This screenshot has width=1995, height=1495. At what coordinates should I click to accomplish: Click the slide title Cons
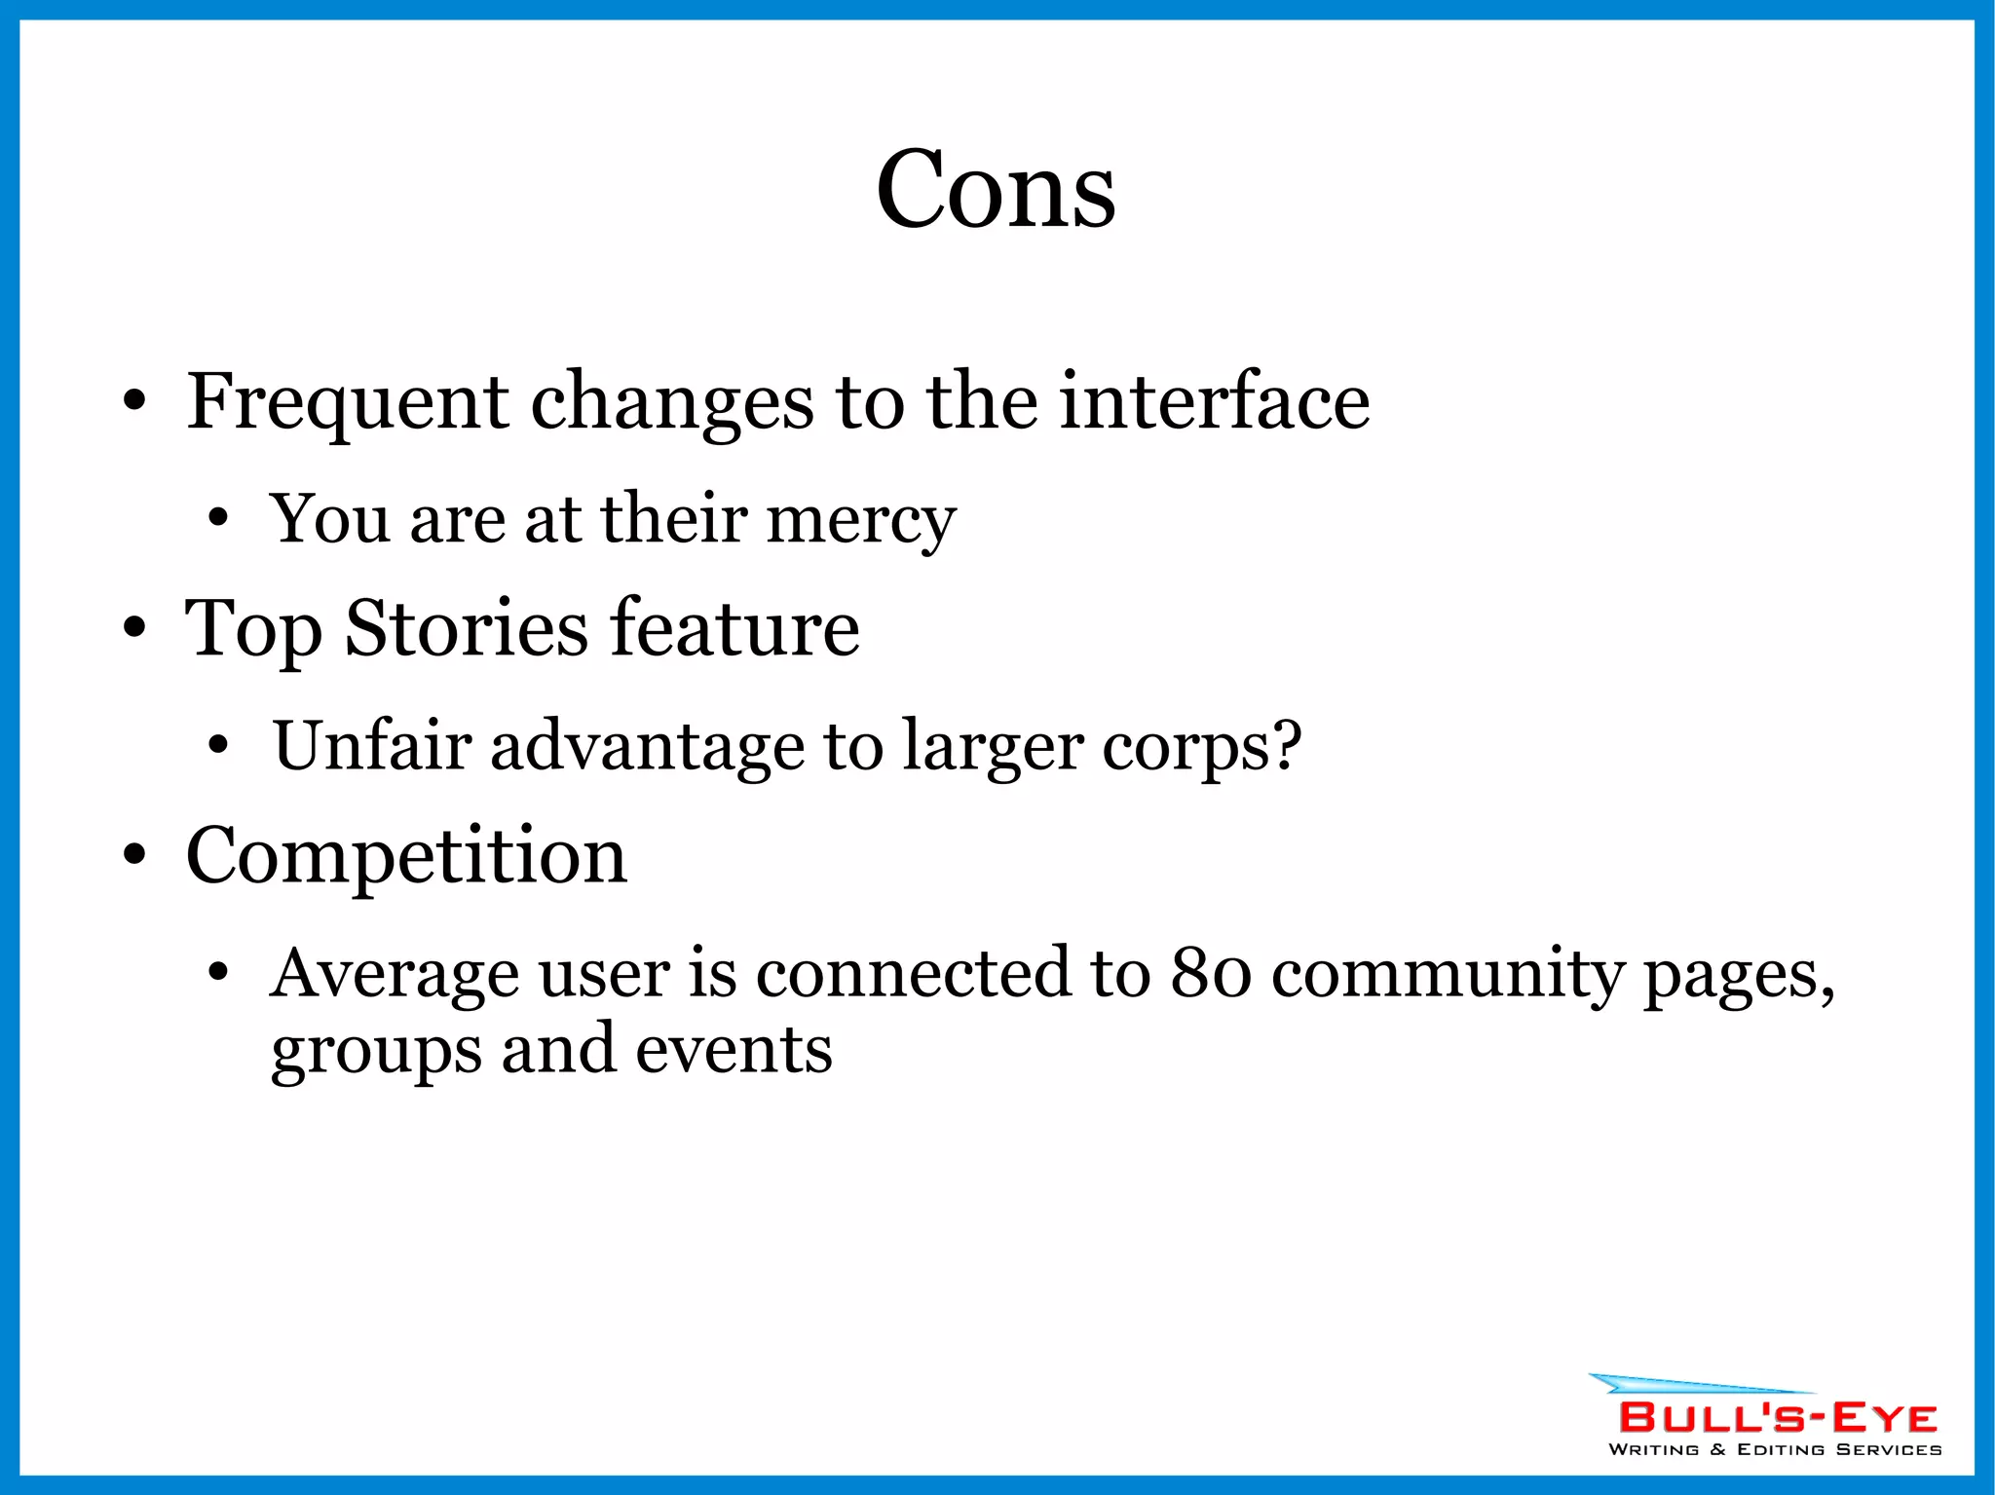(x=995, y=190)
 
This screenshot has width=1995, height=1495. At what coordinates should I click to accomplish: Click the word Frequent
(x=347, y=402)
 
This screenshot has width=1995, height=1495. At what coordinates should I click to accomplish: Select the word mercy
(x=861, y=520)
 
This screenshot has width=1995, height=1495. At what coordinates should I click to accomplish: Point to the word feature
(x=735, y=628)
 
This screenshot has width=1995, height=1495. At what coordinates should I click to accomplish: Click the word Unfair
(x=371, y=746)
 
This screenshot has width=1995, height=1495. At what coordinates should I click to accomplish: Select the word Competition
(x=406, y=855)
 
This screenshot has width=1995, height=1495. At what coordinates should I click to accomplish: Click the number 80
(x=1210, y=973)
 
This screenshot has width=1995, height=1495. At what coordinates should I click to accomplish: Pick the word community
(x=1448, y=975)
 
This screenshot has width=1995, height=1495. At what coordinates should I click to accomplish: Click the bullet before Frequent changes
(x=134, y=401)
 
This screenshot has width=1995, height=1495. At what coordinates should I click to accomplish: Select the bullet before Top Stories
(x=134, y=628)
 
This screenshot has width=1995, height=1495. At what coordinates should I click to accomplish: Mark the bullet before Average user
(x=218, y=972)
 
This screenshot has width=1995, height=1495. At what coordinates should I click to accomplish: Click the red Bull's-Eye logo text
(x=1778, y=1418)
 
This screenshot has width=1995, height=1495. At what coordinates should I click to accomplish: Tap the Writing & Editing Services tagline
(x=1774, y=1450)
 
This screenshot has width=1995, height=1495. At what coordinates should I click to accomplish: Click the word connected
(x=913, y=973)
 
